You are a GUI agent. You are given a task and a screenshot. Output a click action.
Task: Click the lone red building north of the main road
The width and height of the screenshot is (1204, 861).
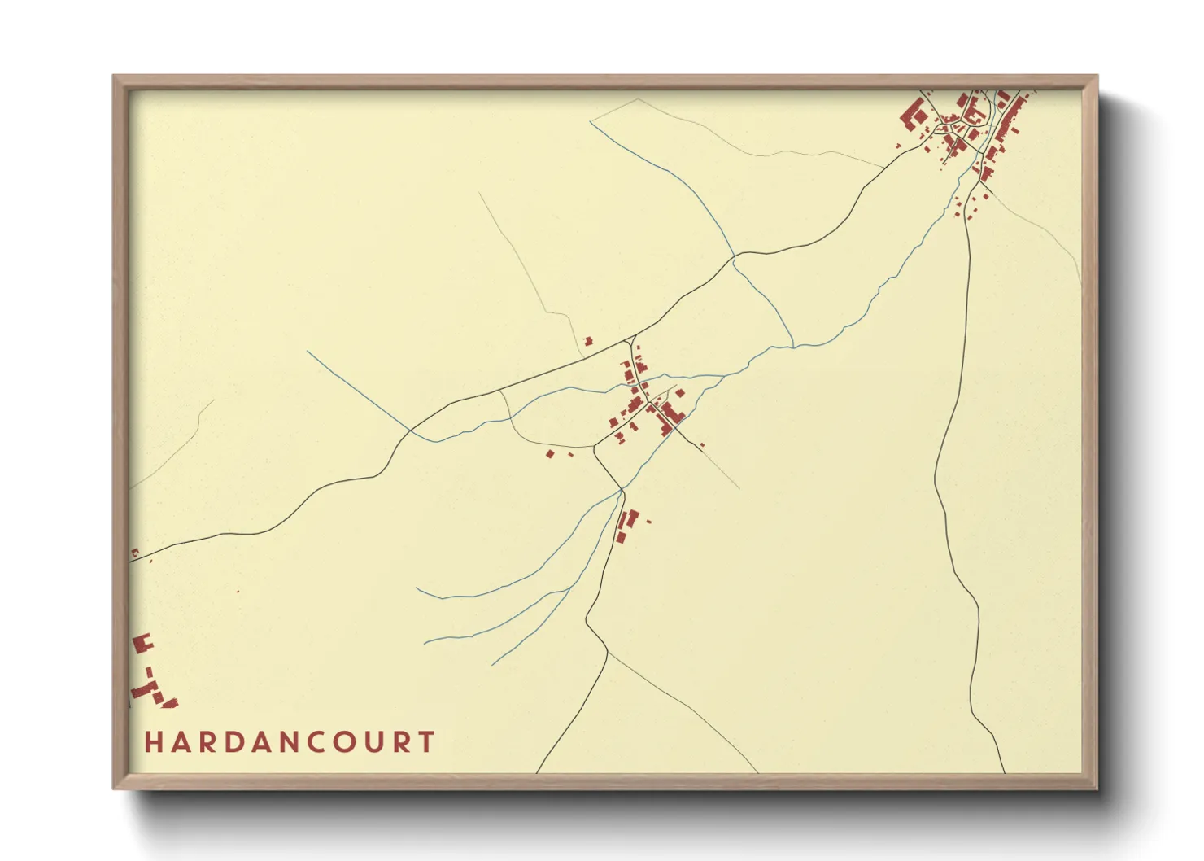[588, 341]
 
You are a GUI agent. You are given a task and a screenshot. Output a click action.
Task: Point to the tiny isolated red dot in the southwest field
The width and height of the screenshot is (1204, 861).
[238, 591]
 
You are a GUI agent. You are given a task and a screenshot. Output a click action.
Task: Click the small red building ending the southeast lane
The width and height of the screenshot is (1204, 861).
[702, 444]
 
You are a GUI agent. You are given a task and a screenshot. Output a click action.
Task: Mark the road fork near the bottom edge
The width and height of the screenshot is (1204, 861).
[607, 651]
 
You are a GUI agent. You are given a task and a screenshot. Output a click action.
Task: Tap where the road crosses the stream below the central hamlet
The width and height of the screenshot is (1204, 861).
[622, 491]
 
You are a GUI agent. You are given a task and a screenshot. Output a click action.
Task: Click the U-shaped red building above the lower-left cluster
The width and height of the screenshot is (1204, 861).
[143, 643]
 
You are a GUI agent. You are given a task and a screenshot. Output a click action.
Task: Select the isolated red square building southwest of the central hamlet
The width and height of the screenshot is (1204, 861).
[550, 453]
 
